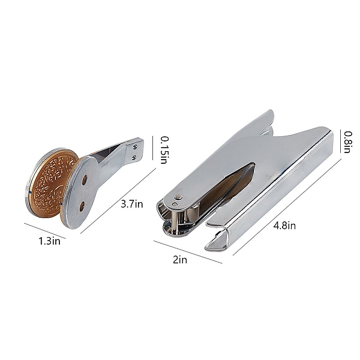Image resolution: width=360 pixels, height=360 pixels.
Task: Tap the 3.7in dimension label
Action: (132, 204)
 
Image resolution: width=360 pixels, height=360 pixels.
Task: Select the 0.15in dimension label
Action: (163, 150)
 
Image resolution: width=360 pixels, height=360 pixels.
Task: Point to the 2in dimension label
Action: (180, 260)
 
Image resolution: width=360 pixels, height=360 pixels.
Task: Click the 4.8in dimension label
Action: (284, 226)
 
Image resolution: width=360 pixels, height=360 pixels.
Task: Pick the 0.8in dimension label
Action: (348, 142)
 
